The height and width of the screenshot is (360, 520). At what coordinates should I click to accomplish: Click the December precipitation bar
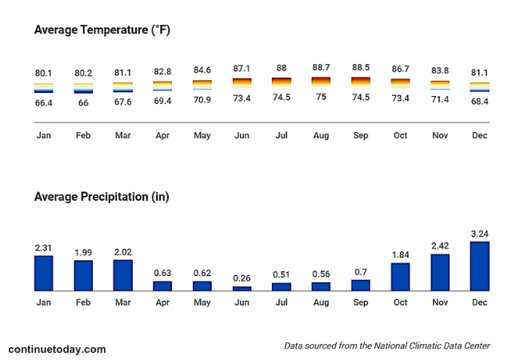[479, 266]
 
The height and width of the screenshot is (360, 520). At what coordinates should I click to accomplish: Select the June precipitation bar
[242, 288]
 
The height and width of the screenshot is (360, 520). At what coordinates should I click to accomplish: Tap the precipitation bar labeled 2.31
[44, 273]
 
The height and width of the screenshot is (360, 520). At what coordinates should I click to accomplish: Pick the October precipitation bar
[400, 276]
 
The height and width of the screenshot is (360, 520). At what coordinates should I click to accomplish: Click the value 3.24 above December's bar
[479, 234]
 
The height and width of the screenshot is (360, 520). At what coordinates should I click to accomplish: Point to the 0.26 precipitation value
[242, 278]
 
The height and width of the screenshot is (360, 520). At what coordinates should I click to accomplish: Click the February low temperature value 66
[83, 103]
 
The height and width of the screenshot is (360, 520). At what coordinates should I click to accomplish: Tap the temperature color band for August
[321, 82]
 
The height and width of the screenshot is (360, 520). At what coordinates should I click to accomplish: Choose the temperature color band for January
[44, 88]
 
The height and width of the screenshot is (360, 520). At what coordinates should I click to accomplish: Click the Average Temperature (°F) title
[102, 30]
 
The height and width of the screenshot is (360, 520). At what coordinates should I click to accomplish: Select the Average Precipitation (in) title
[101, 196]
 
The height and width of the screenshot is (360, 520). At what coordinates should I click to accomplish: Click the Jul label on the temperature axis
[281, 135]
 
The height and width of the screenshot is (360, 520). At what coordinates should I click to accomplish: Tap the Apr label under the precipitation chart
[162, 302]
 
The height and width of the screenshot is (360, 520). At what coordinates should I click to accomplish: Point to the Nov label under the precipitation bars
[439, 302]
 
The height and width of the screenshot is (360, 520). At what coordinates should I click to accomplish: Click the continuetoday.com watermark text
[57, 350]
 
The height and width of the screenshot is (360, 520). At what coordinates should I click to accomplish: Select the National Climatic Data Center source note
[387, 346]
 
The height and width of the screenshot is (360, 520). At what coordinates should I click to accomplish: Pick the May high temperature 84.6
[202, 71]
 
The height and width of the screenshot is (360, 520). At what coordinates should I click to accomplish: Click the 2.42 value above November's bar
[439, 246]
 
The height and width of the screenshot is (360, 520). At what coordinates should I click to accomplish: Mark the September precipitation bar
[361, 285]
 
